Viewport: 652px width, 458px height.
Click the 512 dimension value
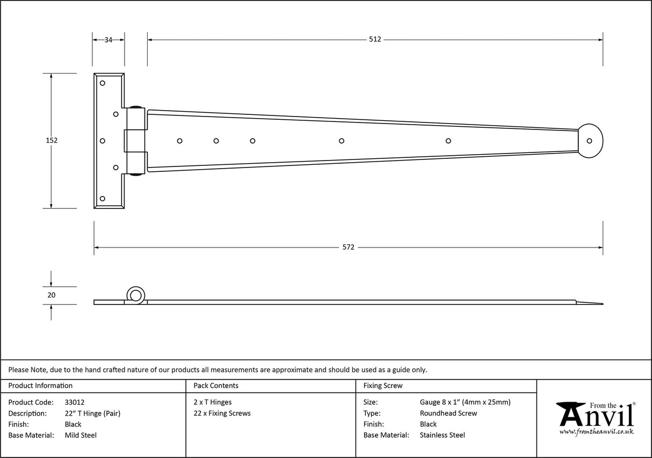(375, 39)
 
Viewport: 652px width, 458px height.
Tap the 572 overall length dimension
(348, 247)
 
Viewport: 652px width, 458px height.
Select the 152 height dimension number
(51, 140)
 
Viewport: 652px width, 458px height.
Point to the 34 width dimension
(108, 39)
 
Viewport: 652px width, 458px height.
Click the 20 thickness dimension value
(51, 295)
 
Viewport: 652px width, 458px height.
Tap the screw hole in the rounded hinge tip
(589, 141)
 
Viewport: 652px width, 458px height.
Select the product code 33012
(74, 402)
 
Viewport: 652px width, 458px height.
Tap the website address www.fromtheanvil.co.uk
(596, 431)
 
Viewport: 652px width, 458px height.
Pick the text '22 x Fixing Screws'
(222, 413)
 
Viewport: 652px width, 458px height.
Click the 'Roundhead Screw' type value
(448, 413)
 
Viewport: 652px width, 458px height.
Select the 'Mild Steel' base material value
(81, 435)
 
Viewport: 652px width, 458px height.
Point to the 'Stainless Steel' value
(442, 435)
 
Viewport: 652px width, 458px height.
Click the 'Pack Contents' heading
(216, 386)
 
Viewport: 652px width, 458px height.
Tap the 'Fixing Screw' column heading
(382, 386)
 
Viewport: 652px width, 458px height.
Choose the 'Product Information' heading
(40, 386)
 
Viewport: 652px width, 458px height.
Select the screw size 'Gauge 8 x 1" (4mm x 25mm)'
(465, 402)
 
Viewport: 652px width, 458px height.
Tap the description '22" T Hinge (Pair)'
(92, 413)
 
